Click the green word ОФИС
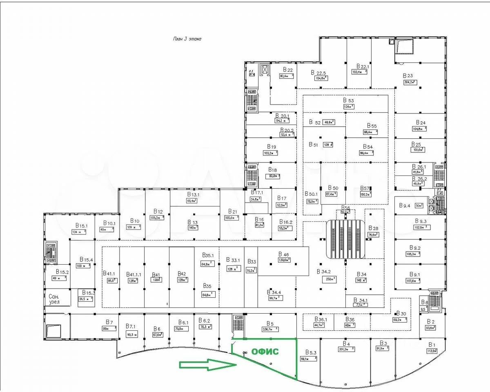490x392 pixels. [x=264, y=352]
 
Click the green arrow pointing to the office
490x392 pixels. [x=208, y=365]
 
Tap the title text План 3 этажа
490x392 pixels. [x=187, y=39]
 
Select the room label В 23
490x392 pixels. [x=408, y=76]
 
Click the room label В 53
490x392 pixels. [x=348, y=100]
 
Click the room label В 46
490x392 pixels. [x=283, y=254]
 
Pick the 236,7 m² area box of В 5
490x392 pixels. [x=270, y=329]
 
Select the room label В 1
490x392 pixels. [x=432, y=345]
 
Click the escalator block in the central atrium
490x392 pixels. [x=345, y=238]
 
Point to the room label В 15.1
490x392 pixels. [x=81, y=225]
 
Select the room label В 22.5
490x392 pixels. [x=318, y=73]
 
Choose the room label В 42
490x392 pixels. [x=182, y=274]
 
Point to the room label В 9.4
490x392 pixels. [x=404, y=205]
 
